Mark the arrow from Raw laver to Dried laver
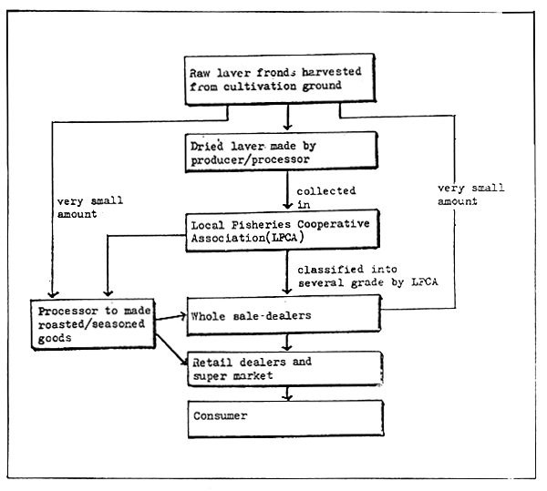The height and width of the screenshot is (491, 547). pyautogui.click(x=288, y=118)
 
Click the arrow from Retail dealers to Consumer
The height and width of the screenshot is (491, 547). pyautogui.click(x=288, y=393)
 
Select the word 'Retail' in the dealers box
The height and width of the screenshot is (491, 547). pyautogui.click(x=211, y=362)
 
